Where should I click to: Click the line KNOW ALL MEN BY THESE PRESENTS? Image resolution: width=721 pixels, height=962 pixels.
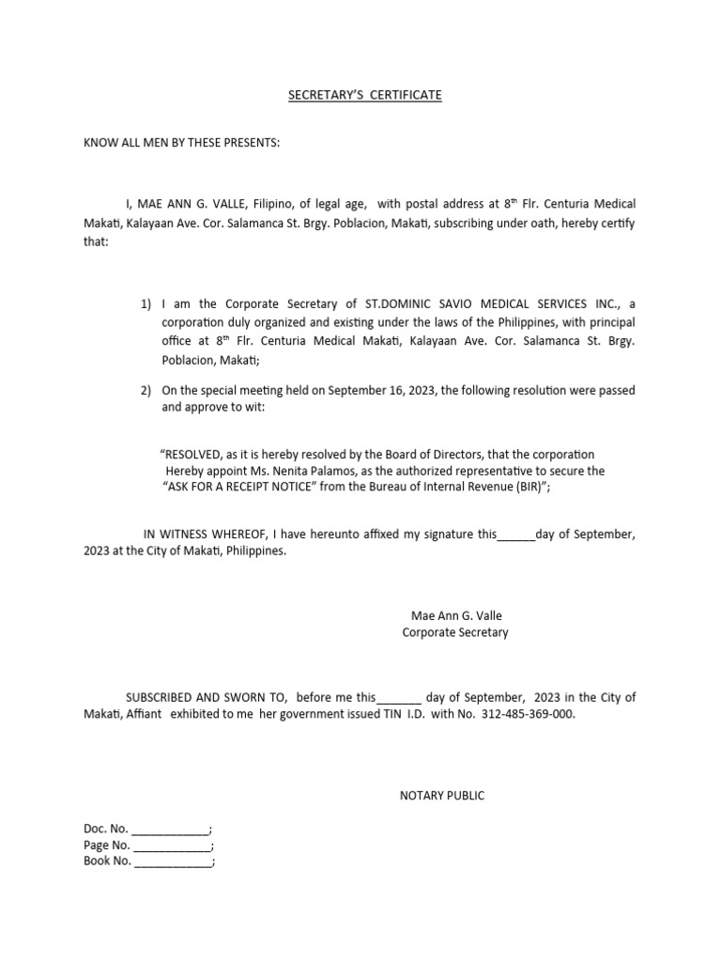pos(182,143)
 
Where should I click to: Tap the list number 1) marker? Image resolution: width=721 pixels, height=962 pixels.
pos(146,304)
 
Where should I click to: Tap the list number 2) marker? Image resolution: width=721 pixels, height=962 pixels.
pos(146,391)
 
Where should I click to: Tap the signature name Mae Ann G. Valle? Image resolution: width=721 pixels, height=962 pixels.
pos(456,616)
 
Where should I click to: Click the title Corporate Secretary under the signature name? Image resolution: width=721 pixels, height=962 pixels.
pos(455,632)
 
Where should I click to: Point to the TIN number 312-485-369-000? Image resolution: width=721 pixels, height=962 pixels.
pos(528,714)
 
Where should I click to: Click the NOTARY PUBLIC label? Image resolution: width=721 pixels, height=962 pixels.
pos(442,796)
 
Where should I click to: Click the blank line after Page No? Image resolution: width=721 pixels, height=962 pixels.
pos(173,846)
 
